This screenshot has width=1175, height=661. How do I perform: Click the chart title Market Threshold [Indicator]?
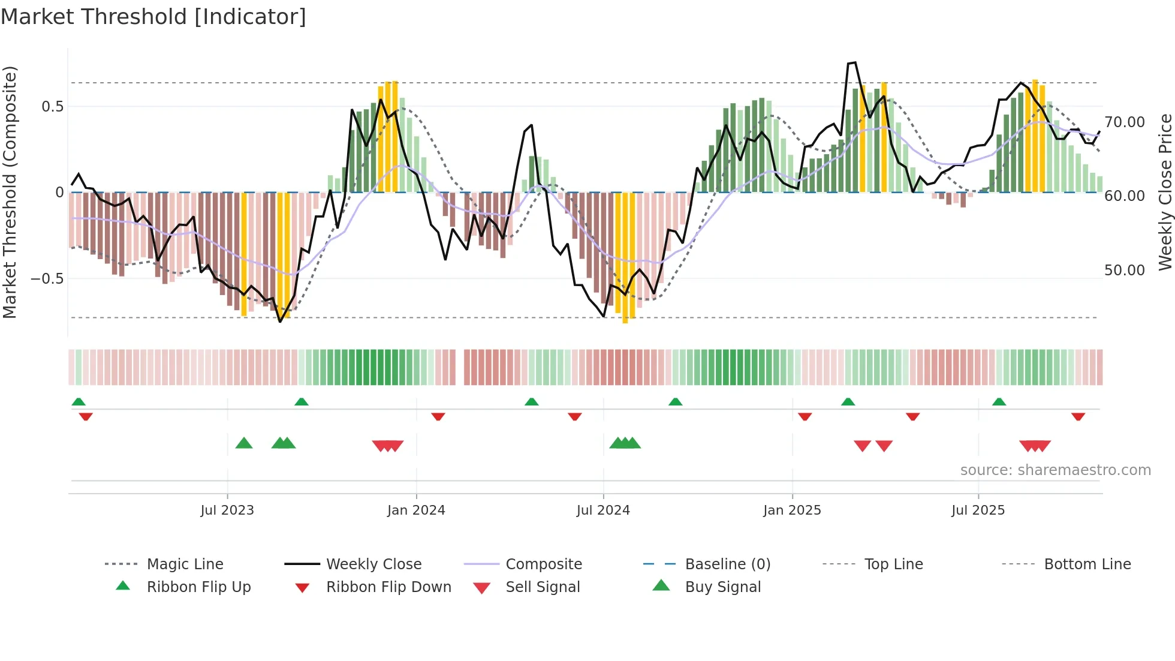tap(153, 17)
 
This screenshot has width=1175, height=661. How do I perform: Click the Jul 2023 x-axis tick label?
tap(227, 510)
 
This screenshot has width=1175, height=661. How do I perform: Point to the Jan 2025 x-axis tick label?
tap(792, 510)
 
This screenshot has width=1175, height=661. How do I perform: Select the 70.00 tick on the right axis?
tap(1125, 122)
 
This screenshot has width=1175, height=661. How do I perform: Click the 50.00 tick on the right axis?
tap(1125, 271)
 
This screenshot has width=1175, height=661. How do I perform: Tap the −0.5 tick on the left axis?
tap(47, 279)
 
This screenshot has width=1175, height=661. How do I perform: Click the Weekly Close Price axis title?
tap(1165, 192)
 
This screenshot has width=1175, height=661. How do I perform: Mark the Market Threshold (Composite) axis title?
tap(10, 192)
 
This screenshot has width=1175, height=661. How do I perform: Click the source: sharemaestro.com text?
tap(1055, 470)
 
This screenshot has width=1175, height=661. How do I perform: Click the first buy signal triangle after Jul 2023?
tap(244, 443)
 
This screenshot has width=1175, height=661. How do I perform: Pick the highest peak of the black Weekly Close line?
tap(855, 62)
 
